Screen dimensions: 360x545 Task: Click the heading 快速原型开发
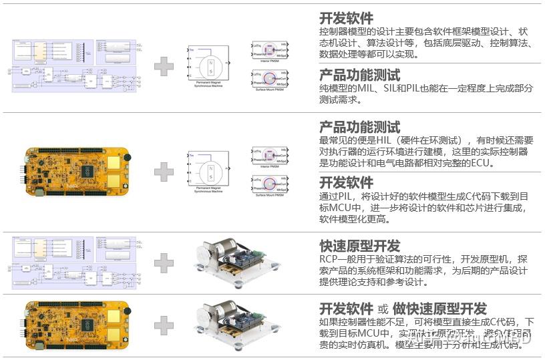(359, 245)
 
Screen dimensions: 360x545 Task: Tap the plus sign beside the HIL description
(164, 172)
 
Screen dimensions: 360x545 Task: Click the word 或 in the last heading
(383, 309)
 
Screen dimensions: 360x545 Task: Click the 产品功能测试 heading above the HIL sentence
(359, 126)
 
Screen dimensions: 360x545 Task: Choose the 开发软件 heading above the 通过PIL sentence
(346, 182)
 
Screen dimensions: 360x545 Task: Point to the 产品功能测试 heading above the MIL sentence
(359, 75)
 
